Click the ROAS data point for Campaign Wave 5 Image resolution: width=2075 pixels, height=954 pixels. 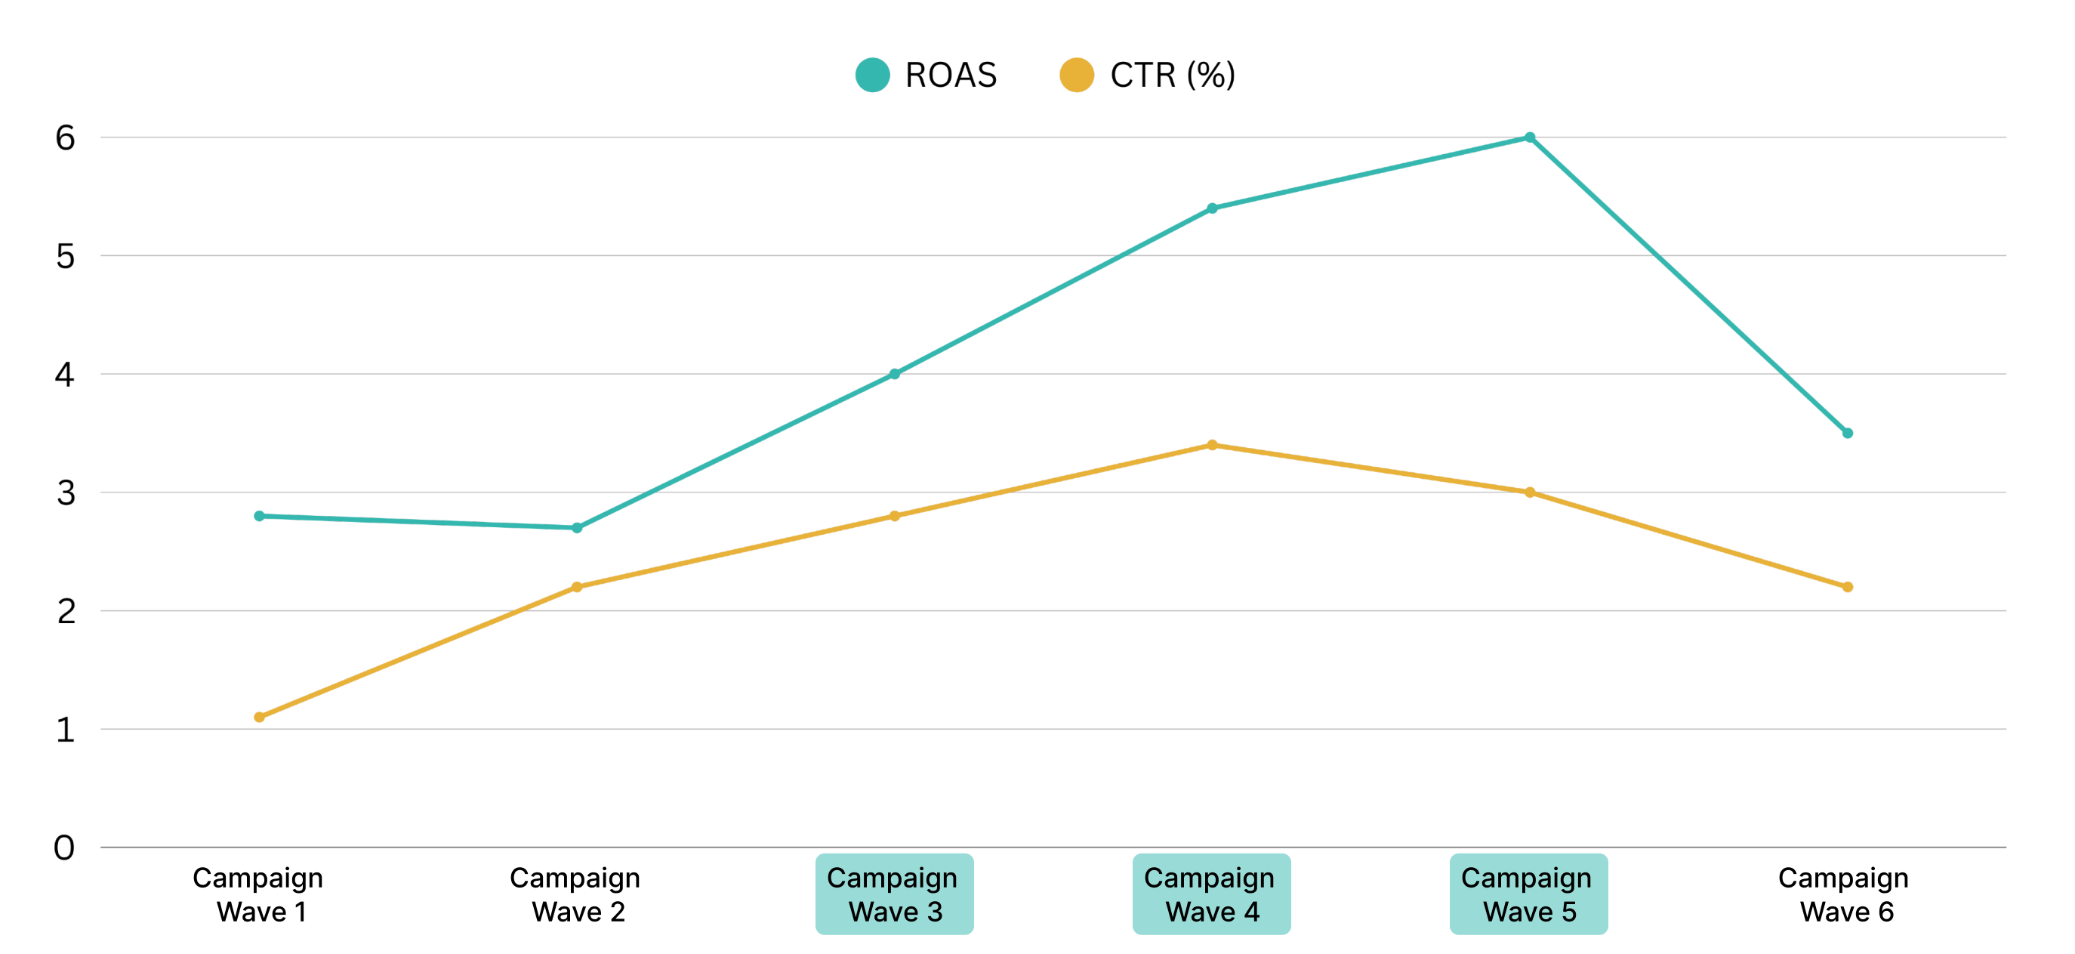[1530, 137]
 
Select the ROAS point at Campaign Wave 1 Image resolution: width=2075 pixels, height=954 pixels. [260, 516]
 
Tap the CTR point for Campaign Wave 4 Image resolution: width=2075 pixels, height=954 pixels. [1212, 445]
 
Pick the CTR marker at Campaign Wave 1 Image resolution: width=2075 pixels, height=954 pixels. [260, 717]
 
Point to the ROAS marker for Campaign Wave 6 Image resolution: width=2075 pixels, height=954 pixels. [1848, 434]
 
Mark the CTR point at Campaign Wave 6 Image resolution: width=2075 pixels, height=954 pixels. [1848, 588]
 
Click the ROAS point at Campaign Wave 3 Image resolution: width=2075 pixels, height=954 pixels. [895, 374]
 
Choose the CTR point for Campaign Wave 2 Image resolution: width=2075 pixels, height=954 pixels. [577, 588]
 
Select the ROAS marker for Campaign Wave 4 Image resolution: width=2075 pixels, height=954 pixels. [1212, 208]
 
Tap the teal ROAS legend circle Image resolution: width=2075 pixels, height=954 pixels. [872, 75]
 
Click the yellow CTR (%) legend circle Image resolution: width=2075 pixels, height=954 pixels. [1077, 75]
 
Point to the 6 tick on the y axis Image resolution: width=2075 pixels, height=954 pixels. [65, 137]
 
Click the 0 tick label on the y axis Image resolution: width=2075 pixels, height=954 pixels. [64, 847]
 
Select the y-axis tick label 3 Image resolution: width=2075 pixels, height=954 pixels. [65, 492]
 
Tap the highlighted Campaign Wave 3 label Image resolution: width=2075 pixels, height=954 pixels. [894, 894]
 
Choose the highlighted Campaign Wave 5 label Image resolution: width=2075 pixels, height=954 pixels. [1529, 894]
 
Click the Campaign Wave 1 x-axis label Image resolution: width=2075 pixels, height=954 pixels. [258, 894]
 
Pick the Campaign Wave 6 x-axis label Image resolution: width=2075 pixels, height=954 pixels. [1845, 894]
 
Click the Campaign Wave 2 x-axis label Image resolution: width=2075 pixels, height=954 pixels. [576, 894]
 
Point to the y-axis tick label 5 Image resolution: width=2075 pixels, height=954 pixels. [65, 256]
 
